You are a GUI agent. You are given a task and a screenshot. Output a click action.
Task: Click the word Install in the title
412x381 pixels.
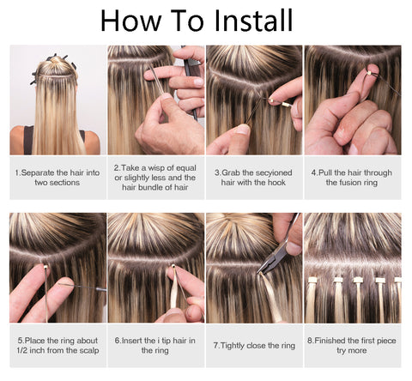[x=253, y=20]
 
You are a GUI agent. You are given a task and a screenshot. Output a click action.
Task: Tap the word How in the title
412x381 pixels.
[x=131, y=20]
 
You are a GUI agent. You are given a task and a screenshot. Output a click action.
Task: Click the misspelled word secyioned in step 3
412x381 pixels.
[x=274, y=172]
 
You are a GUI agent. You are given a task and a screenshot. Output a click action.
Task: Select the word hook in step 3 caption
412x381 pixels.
[x=276, y=183]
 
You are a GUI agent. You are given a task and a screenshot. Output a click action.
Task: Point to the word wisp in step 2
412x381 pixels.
[x=158, y=168]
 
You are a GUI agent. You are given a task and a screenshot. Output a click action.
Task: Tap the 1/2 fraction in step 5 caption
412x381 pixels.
[x=21, y=351]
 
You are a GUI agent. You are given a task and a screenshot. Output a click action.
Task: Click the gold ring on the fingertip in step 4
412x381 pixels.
[x=370, y=73]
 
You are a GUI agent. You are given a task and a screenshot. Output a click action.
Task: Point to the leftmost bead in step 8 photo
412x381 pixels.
[x=312, y=280]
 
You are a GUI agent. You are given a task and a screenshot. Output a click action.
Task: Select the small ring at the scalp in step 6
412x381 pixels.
[x=173, y=266]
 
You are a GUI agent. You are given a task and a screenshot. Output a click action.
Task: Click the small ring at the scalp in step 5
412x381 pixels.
[x=45, y=267]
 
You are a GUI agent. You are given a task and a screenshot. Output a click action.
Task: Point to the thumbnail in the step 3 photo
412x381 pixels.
[x=243, y=130]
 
